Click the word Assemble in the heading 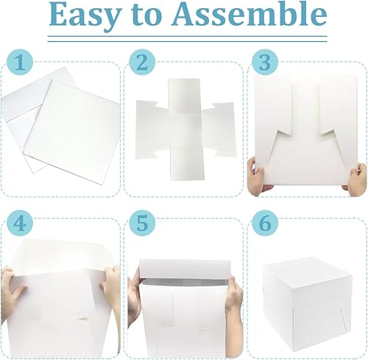pos(250,14)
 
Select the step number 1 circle pos(20,63)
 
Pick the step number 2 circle pos(142,63)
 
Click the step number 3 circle pos(265,63)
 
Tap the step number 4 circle pos(20,223)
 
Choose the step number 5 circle pos(142,223)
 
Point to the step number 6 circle pos(265,223)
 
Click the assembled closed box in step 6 pos(307,304)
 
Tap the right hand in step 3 pos(356,179)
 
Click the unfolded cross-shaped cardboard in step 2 pos(186,130)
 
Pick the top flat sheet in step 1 pos(72,131)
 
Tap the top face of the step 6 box pos(308,271)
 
